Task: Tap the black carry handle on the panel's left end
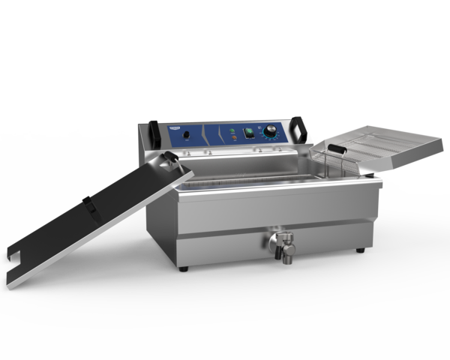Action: pyautogui.click(x=154, y=133)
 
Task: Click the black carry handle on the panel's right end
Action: pyautogui.click(x=301, y=129)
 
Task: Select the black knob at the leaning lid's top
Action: pyautogui.click(x=171, y=157)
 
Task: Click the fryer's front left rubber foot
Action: pyautogui.click(x=184, y=268)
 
